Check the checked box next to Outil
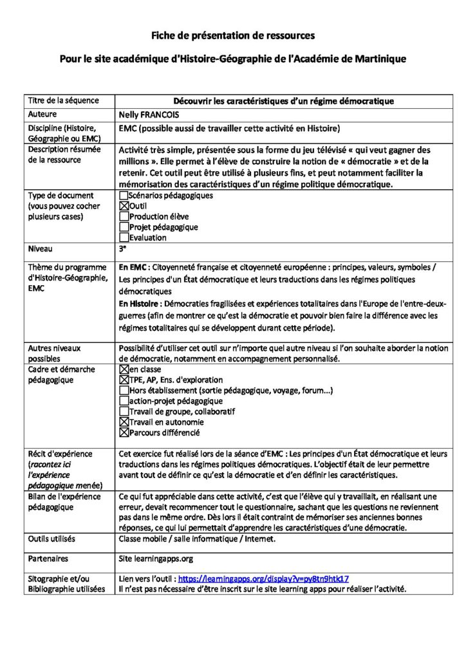click(x=124, y=205)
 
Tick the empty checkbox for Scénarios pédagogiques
click(x=124, y=195)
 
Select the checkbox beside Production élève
click(x=124, y=216)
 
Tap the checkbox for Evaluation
click(x=124, y=237)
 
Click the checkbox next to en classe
click(x=124, y=370)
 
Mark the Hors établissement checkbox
click(x=124, y=391)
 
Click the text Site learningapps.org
click(x=156, y=559)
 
